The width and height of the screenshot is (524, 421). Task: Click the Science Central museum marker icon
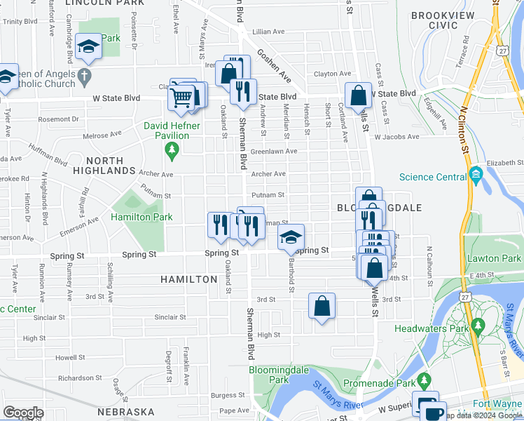477,173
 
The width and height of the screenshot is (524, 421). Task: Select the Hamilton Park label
142,218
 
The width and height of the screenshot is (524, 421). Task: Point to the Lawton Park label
494,259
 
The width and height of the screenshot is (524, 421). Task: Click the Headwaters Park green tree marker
478,326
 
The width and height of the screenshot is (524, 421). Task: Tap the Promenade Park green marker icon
424,381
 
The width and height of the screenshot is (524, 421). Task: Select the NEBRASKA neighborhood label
126,411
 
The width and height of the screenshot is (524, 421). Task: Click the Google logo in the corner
23,413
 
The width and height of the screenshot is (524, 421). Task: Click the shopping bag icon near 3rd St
322,305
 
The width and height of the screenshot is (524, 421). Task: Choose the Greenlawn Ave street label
274,151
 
